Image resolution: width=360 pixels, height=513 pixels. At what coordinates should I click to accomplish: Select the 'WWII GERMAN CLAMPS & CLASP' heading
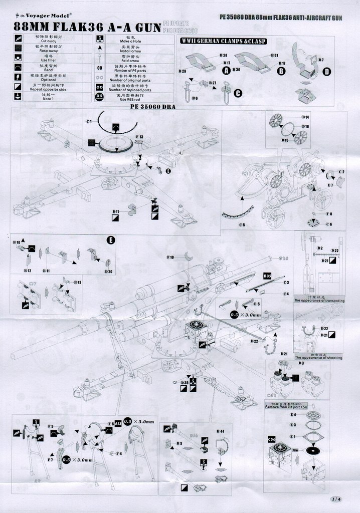[x=223, y=41]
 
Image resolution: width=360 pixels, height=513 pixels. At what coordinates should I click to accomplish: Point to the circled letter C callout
[x=238, y=93]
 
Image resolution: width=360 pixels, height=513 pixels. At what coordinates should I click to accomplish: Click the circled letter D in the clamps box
[x=326, y=72]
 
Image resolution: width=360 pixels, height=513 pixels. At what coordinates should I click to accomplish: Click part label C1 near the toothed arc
[x=88, y=121]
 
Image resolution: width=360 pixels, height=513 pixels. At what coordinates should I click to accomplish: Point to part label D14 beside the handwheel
[x=306, y=117]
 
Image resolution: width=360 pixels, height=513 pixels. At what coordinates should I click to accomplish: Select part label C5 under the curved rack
[x=242, y=225]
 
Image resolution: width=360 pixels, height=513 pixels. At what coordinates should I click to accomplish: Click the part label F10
[x=170, y=257]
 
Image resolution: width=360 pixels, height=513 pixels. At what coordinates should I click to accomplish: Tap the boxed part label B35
[x=267, y=276]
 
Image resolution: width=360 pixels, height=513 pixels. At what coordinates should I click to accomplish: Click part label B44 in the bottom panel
[x=220, y=431]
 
